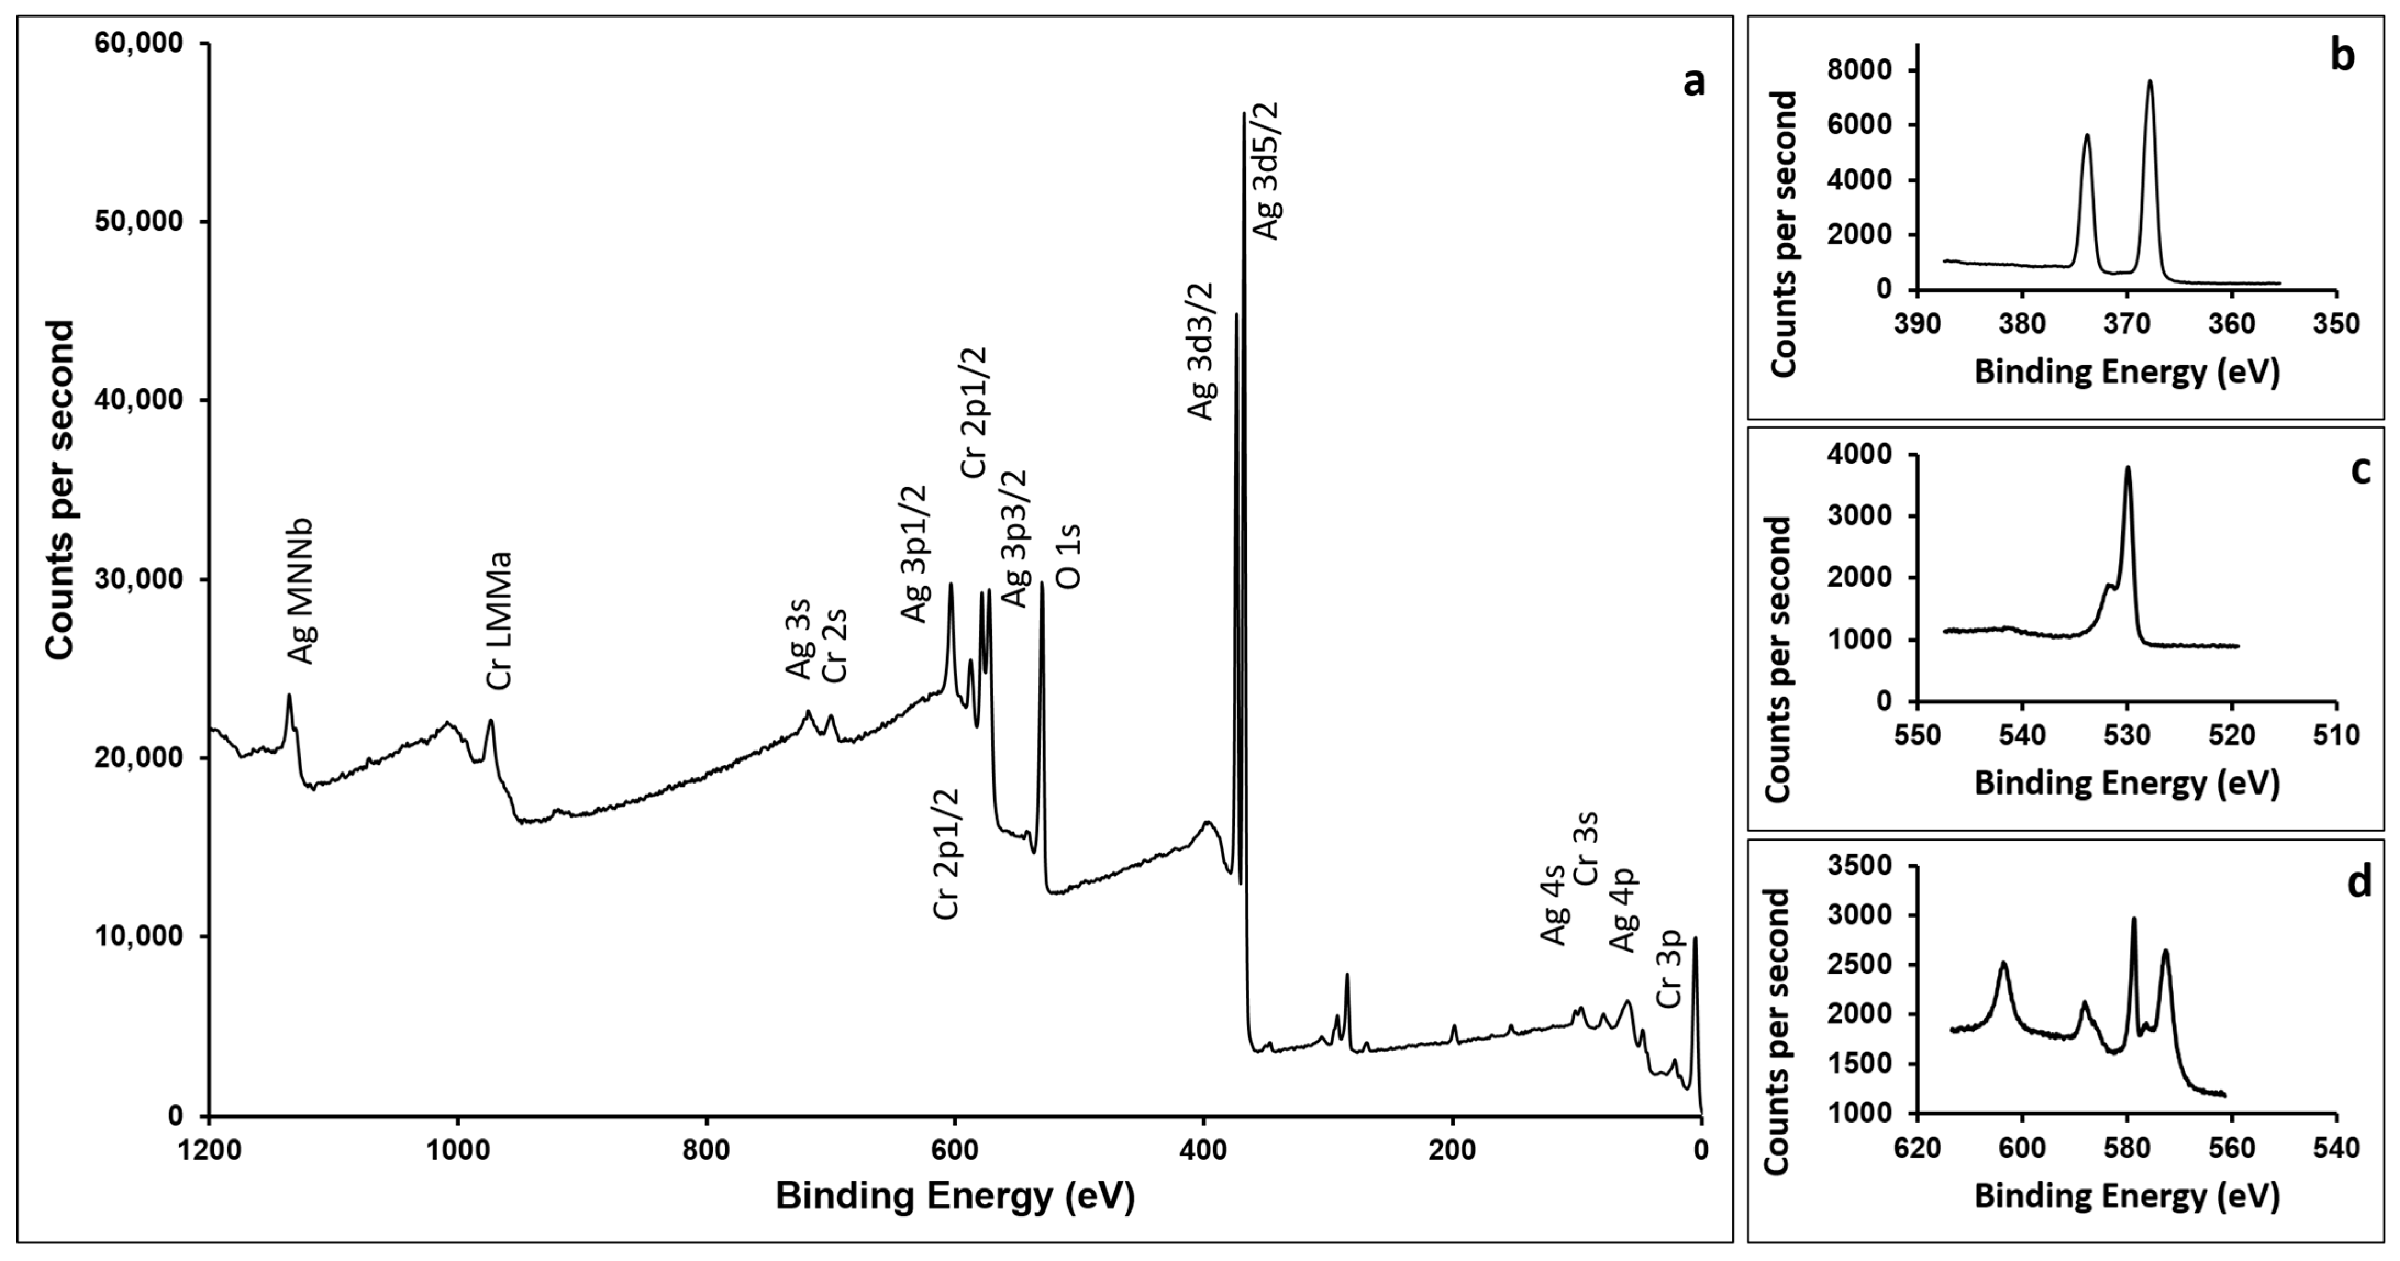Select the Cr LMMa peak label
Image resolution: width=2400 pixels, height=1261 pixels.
pyautogui.click(x=501, y=620)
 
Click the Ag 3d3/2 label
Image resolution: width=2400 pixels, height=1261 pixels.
pyautogui.click(x=1201, y=351)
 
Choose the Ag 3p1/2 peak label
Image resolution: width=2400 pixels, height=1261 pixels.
pyautogui.click(x=914, y=553)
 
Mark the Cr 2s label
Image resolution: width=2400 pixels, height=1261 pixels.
pyautogui.click(x=836, y=645)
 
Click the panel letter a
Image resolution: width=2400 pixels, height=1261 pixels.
pyautogui.click(x=1695, y=82)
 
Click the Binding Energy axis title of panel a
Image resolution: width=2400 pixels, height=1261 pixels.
pyautogui.click(x=955, y=1197)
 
